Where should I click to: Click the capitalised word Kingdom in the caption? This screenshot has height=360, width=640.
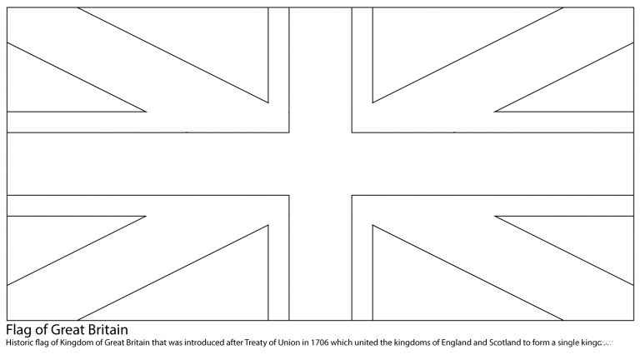click(81, 342)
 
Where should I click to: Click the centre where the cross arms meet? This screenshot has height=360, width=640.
click(320, 163)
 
